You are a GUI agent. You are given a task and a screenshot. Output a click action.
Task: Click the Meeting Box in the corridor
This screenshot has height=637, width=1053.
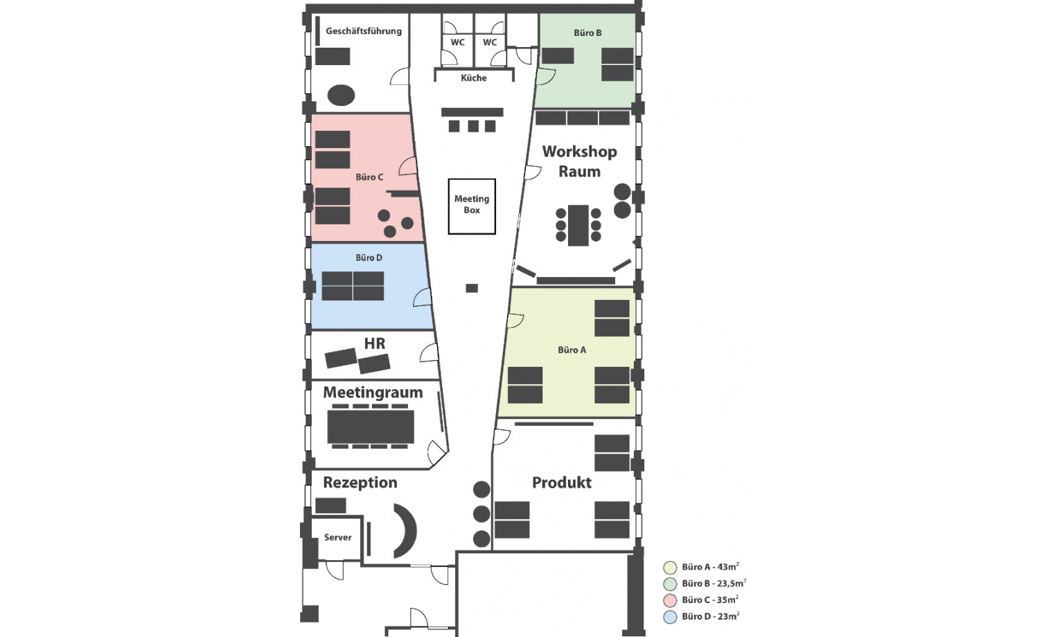[x=472, y=206]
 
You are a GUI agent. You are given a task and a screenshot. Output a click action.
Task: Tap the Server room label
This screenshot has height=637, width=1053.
[x=337, y=537]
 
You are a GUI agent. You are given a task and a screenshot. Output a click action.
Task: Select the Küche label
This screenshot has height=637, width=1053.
[x=473, y=78]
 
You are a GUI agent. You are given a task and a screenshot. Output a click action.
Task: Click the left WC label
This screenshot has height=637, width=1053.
[x=457, y=42]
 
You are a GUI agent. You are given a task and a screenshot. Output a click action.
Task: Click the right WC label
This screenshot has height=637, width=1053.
[x=490, y=42]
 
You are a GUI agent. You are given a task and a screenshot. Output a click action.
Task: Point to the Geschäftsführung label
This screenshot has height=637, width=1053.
[x=364, y=31]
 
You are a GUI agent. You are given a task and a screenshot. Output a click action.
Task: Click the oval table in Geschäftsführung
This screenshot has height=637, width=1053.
[x=341, y=95]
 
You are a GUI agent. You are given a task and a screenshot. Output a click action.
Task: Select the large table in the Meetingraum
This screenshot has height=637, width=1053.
[x=371, y=427]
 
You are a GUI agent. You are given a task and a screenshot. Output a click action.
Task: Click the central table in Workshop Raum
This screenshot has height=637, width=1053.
[x=578, y=225]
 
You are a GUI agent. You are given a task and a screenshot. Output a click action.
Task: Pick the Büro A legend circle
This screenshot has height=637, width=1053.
[x=670, y=568]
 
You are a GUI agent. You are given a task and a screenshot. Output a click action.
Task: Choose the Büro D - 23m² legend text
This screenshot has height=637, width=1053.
[x=710, y=616]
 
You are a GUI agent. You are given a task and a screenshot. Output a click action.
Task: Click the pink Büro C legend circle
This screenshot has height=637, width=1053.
[x=670, y=600]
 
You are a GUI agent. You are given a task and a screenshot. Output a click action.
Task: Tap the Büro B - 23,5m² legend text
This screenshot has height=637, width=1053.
[x=714, y=584]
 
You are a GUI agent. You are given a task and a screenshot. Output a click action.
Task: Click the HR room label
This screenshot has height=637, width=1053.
[x=375, y=343]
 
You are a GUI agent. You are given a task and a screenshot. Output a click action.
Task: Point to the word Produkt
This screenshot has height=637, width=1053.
[x=562, y=483]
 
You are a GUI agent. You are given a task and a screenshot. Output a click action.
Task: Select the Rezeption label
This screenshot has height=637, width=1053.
[x=360, y=483]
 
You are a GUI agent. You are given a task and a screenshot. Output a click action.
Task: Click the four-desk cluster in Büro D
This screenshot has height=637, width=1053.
[x=353, y=286]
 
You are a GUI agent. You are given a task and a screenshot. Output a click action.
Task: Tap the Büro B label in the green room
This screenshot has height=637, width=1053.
[x=587, y=33]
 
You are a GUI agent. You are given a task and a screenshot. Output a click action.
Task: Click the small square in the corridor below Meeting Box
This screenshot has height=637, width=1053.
[x=472, y=288]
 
